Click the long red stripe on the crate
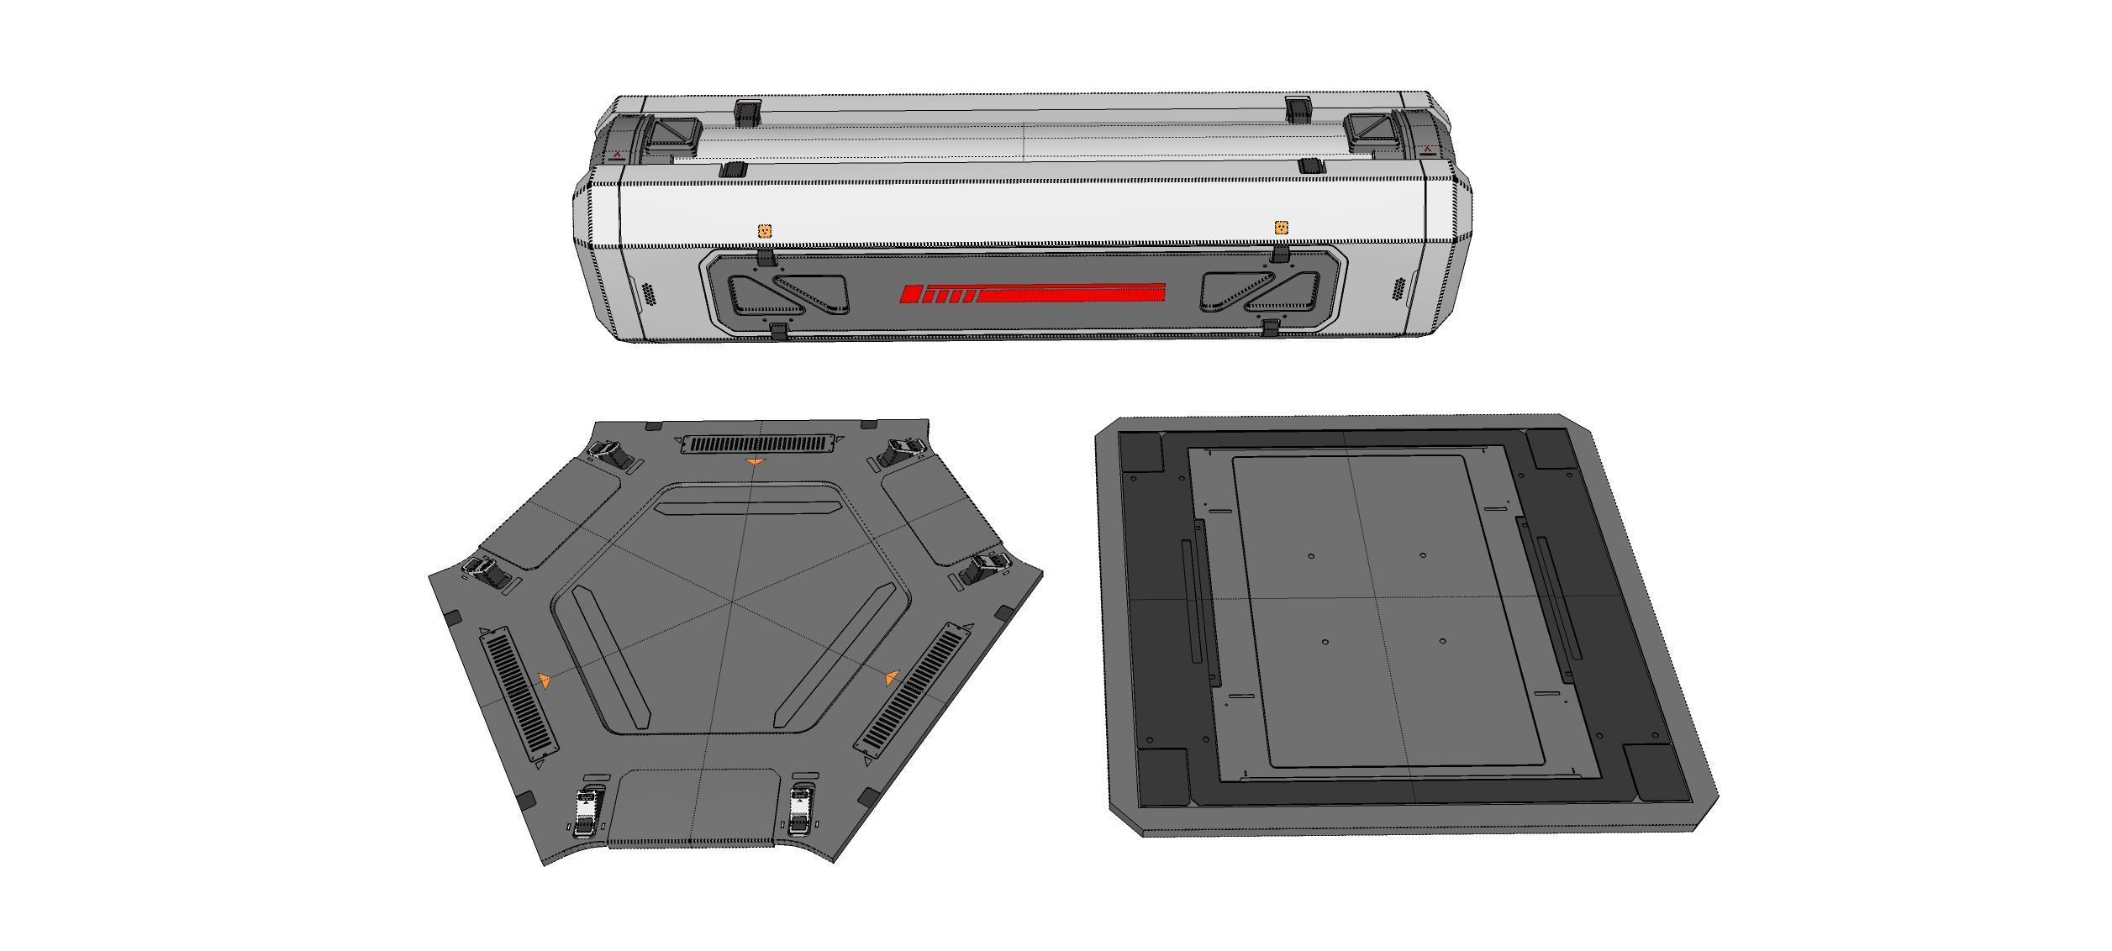pos(1072,294)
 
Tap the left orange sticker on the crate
pos(765,230)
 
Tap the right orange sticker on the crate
pos(1281,227)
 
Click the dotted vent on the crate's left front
pos(649,295)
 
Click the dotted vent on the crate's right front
pos(1398,288)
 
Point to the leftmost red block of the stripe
pos(909,294)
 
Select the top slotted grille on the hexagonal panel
pos(759,443)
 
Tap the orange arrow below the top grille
pos(755,462)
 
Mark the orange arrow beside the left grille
pos(545,680)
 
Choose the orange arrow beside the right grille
pos(892,677)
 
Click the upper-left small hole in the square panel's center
pos(1311,555)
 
